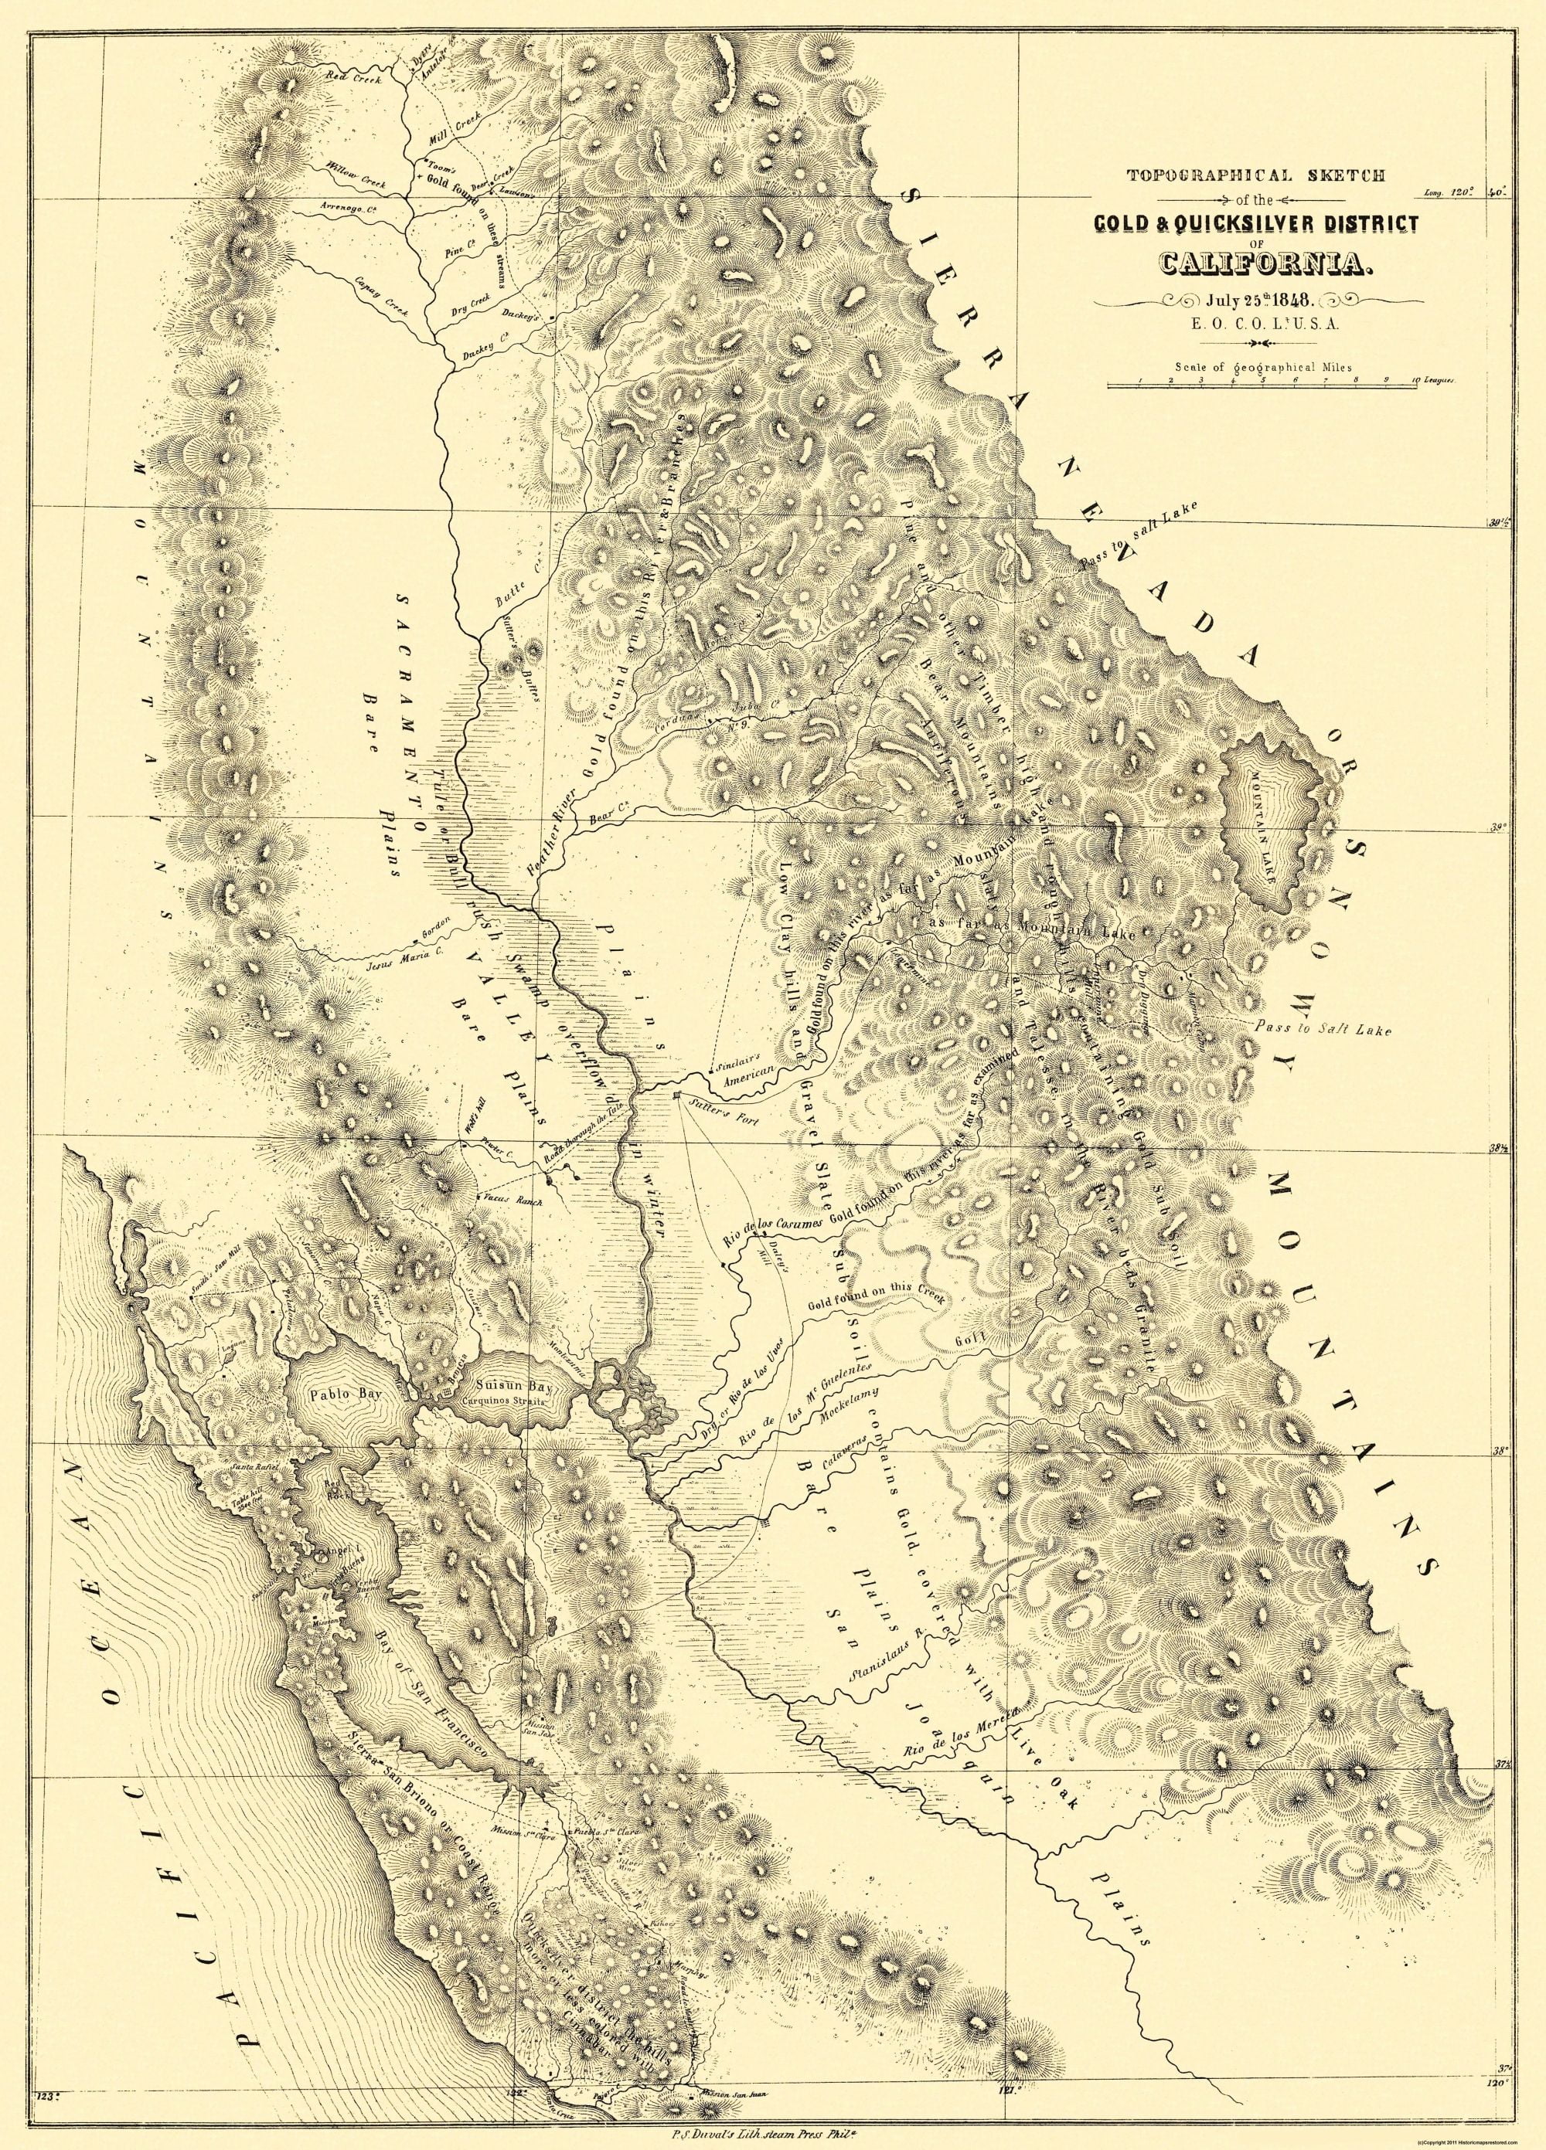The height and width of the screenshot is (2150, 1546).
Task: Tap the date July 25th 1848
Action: point(1258,301)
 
